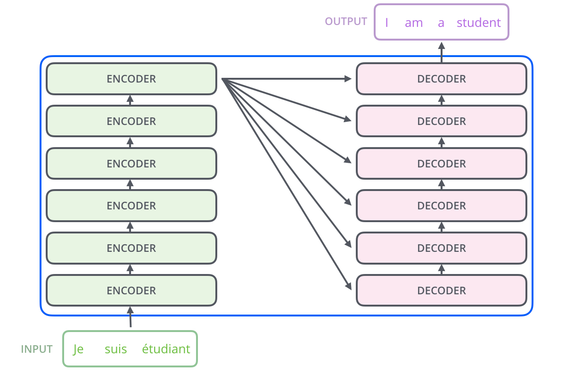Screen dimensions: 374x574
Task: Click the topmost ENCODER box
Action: [131, 79]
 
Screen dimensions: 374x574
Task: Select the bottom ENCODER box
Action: [131, 291]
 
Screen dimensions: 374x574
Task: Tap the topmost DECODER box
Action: [441, 79]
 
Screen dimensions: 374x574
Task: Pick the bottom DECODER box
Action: [441, 291]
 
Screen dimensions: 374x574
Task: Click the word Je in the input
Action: [78, 349]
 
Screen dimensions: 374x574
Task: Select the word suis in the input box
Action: [116, 349]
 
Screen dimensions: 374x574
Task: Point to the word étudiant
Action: [166, 349]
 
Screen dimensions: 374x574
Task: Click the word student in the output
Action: [478, 23]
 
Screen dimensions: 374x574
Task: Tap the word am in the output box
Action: [413, 23]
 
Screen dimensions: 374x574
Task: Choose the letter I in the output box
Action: [386, 23]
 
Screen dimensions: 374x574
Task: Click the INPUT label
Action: [37, 349]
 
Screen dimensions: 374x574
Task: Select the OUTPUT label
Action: [346, 22]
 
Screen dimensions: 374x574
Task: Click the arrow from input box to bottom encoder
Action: [131, 317]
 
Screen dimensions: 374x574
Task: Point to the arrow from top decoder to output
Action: [442, 52]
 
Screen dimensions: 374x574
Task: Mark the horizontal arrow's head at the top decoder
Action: [349, 79]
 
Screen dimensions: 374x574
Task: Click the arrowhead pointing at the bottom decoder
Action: [349, 287]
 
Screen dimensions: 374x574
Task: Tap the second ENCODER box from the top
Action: [131, 121]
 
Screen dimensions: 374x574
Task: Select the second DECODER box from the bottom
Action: [441, 248]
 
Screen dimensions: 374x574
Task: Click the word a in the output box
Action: [441, 23]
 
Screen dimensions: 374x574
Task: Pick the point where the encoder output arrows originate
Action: [222, 79]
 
